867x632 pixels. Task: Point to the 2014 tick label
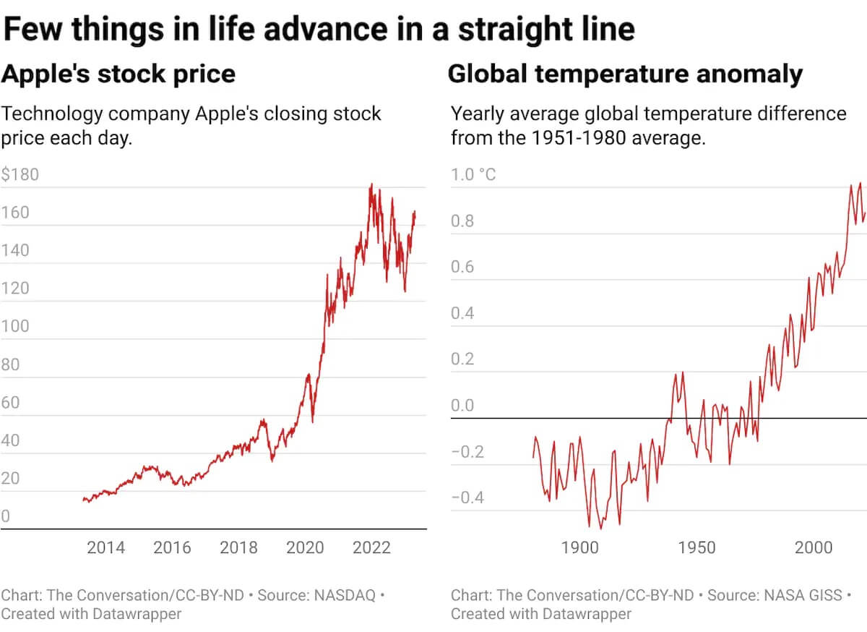(105, 547)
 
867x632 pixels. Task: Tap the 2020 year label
(305, 547)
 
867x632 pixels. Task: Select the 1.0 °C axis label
(473, 175)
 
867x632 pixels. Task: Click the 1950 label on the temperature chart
(696, 547)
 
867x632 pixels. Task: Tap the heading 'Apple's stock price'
(118, 74)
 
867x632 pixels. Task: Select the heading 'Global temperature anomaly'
(625, 74)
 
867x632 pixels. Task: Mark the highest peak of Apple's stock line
(371, 184)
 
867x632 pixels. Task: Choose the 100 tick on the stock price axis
(16, 326)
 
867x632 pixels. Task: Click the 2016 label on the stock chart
(172, 547)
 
